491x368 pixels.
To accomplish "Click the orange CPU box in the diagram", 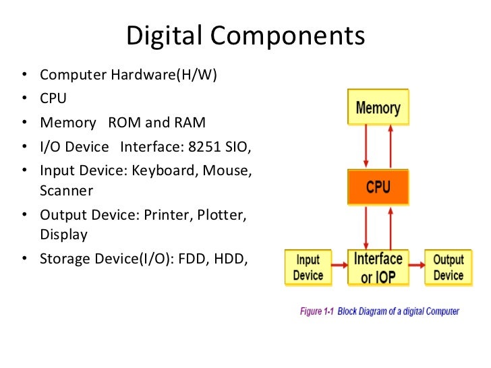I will tap(378, 187).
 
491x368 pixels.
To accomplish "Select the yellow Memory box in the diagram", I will tap(378, 107).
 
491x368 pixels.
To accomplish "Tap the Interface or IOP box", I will tap(378, 268).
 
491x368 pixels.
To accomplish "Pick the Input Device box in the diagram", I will tap(308, 268).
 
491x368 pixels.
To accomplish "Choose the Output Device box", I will tap(448, 268).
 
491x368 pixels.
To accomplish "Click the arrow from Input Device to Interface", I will tap(339, 268).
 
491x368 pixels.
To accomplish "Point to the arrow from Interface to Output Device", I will tap(417, 268).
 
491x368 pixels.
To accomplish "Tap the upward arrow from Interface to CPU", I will tap(390, 227).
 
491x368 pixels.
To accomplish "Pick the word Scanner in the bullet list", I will tap(66, 191).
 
